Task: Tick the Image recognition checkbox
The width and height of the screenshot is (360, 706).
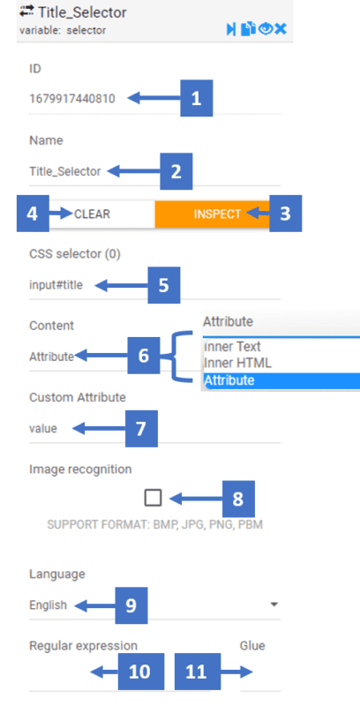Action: click(x=153, y=498)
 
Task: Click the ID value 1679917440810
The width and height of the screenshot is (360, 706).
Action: click(x=72, y=98)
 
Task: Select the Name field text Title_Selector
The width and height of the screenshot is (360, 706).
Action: click(x=65, y=171)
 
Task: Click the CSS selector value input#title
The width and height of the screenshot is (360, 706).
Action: click(x=56, y=285)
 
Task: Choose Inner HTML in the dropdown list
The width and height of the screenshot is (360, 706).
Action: click(x=237, y=363)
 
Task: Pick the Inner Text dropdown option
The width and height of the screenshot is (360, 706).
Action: click(x=232, y=347)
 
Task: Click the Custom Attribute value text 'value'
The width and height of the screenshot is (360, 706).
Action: click(x=43, y=428)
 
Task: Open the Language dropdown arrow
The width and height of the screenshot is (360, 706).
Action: click(x=274, y=605)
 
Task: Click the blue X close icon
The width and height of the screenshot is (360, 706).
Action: click(x=281, y=29)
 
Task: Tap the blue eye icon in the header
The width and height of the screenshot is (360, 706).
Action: click(x=266, y=29)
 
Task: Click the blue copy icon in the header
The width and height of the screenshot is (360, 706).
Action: click(x=248, y=29)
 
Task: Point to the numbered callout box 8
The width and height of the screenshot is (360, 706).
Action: click(x=238, y=499)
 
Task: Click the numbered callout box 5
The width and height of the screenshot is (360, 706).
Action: click(x=164, y=285)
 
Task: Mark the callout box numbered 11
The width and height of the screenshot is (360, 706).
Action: click(x=198, y=672)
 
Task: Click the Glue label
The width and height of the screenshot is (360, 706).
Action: click(x=252, y=646)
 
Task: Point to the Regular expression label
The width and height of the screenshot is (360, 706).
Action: click(x=83, y=646)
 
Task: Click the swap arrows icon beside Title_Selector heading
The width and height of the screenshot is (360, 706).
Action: click(x=26, y=11)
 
